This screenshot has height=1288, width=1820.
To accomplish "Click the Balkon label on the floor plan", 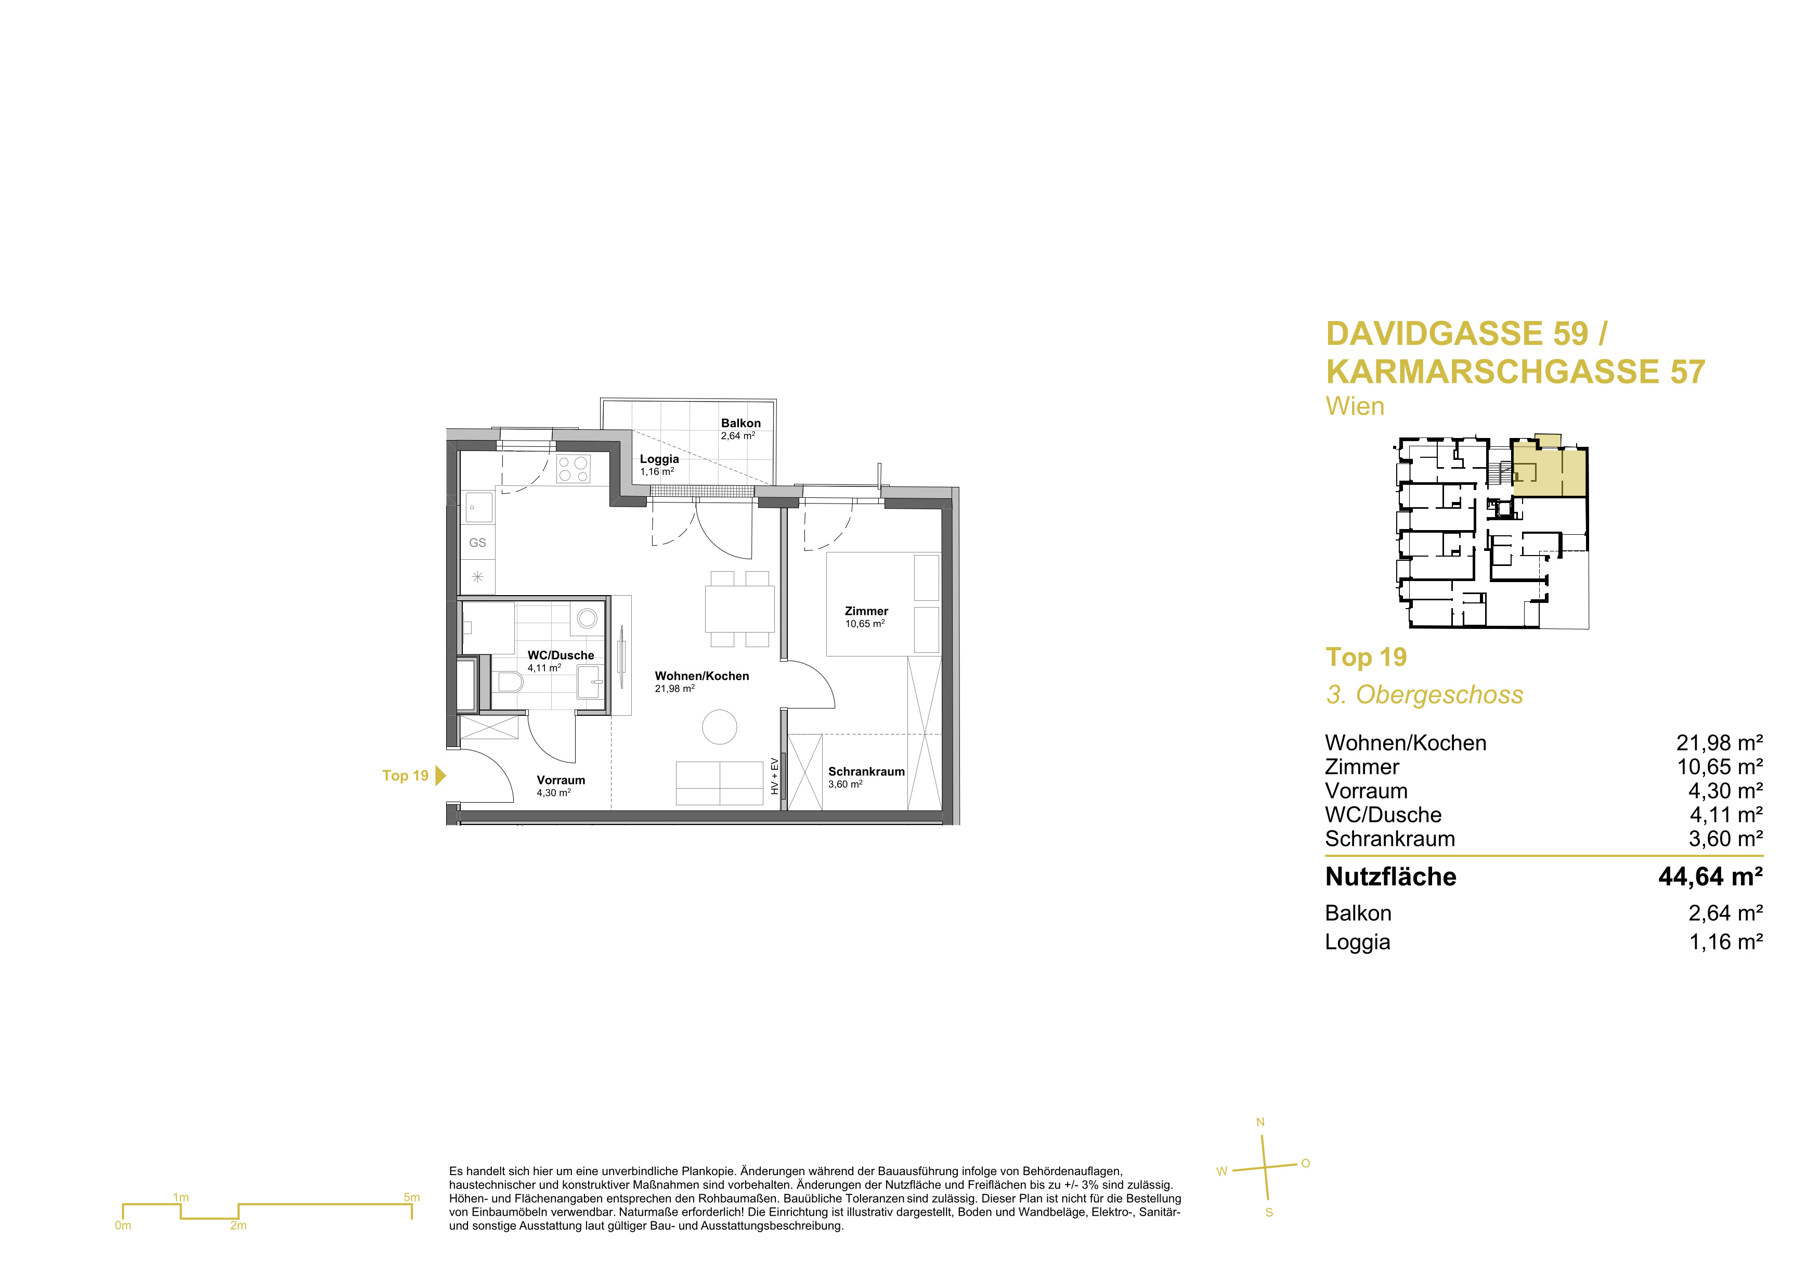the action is (740, 423).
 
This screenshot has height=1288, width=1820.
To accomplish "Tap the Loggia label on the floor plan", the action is (659, 459).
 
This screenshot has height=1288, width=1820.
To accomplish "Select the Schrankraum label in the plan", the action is (866, 771).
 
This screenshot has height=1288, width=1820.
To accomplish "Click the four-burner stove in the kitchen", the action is (573, 469).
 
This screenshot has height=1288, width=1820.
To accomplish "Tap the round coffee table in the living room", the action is (720, 727).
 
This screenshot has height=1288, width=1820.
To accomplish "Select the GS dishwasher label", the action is (477, 543).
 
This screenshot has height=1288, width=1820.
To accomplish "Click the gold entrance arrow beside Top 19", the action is (441, 776).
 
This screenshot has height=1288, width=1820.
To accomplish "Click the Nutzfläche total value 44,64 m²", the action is (1711, 877).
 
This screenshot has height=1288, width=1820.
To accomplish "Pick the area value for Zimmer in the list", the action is (1719, 767).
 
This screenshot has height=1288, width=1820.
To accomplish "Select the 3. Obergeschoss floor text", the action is (1424, 695).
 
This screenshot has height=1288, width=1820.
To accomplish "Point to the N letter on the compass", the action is (1260, 1122).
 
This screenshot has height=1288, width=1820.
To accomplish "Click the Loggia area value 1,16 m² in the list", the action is (1726, 942).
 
